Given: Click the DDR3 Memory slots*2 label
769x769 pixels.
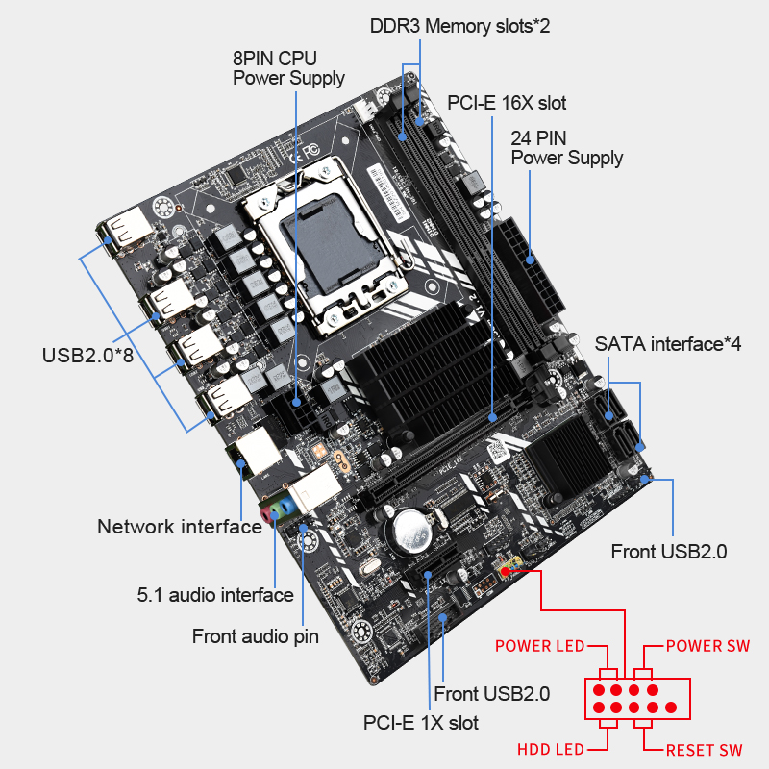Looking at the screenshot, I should point(459,26).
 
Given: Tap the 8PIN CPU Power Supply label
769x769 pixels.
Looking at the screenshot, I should point(288,67).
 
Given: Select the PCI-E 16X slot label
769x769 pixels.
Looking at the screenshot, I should point(507,103).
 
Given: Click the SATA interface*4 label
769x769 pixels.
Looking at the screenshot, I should point(667,343).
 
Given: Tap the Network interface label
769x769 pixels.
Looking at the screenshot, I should point(179,526).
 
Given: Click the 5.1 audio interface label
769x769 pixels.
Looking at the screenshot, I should point(214,594).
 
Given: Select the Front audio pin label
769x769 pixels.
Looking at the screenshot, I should point(255,635).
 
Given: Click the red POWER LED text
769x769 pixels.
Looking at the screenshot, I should point(539,645).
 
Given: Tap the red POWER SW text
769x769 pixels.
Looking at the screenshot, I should point(707,645).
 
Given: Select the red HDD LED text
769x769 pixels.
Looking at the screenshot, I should point(551,749).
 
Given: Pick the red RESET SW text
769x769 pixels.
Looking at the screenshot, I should point(704,749).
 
